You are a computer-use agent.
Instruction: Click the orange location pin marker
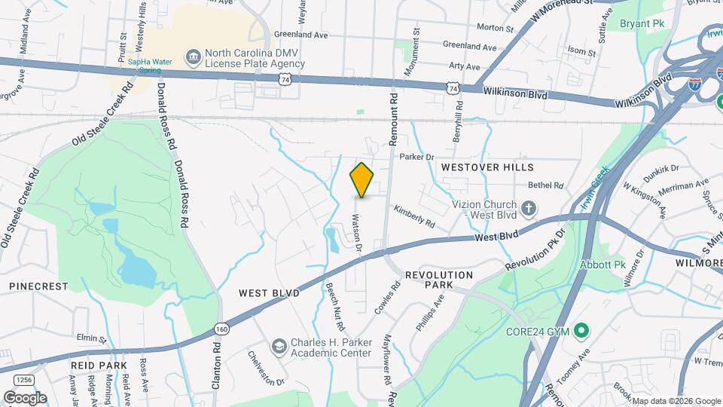click(x=361, y=180)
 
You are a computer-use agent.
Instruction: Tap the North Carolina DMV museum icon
click(x=194, y=57)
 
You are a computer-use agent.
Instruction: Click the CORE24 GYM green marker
click(x=581, y=331)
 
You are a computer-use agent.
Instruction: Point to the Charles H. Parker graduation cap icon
click(x=279, y=346)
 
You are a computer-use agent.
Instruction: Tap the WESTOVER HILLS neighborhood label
click(x=487, y=167)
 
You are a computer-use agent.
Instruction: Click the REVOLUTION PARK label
click(x=438, y=280)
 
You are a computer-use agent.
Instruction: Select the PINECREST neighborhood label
click(x=38, y=286)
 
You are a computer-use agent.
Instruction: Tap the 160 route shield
click(x=221, y=329)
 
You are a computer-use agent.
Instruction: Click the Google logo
click(x=25, y=397)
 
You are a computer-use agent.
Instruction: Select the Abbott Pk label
click(x=602, y=265)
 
